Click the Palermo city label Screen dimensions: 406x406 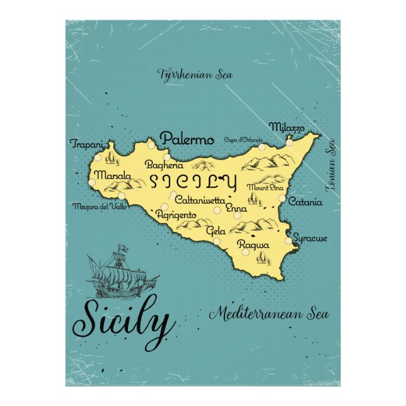pyautogui.click(x=187, y=139)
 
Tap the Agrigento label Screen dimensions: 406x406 pyautogui.click(x=176, y=215)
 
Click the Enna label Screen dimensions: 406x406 pyautogui.click(x=236, y=208)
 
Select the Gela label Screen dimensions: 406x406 pyautogui.click(x=216, y=231)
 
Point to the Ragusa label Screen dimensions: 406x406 pyautogui.click(x=253, y=245)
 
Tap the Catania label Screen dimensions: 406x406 pyautogui.click(x=304, y=202)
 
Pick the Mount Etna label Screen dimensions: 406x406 pyautogui.click(x=265, y=188)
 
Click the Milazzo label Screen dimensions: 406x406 pyautogui.click(x=287, y=127)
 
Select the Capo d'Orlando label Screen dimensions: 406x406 pyautogui.click(x=243, y=140)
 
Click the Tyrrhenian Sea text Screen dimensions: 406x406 pyautogui.click(x=195, y=74)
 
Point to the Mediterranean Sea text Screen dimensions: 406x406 pyautogui.click(x=270, y=313)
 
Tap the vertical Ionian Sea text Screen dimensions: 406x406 pyautogui.click(x=329, y=165)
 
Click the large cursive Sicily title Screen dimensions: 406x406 pyautogui.click(x=124, y=324)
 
